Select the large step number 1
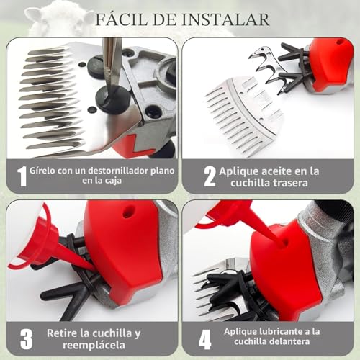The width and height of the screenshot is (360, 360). tap(22, 176)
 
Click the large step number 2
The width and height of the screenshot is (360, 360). tap(210, 176)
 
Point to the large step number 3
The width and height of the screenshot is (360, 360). tap(26, 339)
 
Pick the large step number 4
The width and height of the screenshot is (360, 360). tap(204, 339)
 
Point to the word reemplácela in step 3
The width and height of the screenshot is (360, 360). tap(94, 346)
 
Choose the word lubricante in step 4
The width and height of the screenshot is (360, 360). tap(279, 331)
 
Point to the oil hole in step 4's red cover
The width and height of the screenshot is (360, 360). tap(285, 243)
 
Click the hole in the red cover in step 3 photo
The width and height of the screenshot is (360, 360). tap(126, 212)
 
